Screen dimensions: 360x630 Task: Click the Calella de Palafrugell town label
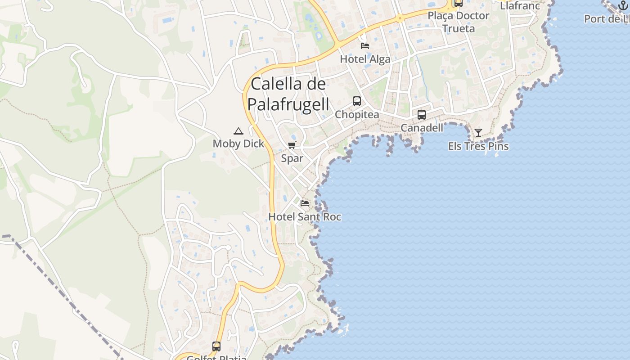click(288, 94)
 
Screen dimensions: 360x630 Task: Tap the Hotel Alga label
click(365, 59)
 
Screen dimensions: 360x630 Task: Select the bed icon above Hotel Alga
click(365, 46)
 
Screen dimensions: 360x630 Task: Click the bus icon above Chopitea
click(357, 101)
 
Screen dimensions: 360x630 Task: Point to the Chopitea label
click(357, 115)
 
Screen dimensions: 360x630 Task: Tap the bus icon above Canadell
click(422, 115)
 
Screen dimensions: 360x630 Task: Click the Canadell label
click(422, 128)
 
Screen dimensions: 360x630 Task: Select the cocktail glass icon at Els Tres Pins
click(478, 133)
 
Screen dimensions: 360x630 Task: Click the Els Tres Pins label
click(478, 146)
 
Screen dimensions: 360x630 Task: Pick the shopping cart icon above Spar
click(292, 145)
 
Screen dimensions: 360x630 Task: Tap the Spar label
click(292, 158)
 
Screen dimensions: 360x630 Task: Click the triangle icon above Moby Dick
click(238, 131)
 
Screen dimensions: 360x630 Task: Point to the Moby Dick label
click(238, 144)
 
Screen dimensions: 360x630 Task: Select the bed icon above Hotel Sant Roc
click(305, 203)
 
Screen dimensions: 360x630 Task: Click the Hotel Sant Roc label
click(305, 217)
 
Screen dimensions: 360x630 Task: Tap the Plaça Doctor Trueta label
click(459, 22)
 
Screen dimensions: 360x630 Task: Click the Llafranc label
click(520, 6)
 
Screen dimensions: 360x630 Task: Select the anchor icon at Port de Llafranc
click(623, 5)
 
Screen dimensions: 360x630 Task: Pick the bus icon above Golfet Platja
click(216, 346)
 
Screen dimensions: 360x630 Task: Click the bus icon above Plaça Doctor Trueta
click(459, 3)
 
